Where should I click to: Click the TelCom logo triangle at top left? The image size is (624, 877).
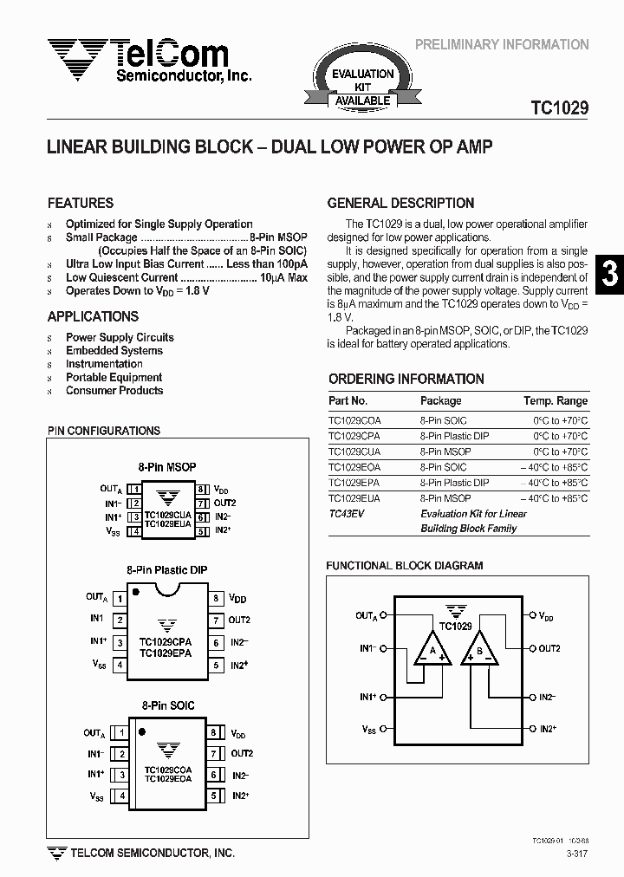(77, 56)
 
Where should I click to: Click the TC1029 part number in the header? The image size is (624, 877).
(559, 108)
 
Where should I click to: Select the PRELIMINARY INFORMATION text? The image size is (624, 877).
(502, 44)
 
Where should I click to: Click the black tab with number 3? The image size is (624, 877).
(610, 274)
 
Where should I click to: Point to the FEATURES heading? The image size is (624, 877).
(80, 203)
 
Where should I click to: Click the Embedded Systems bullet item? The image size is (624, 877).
(114, 351)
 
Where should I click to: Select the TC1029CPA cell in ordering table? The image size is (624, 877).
(354, 436)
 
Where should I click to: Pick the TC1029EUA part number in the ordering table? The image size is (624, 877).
(354, 498)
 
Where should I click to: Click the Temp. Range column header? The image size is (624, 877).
(555, 400)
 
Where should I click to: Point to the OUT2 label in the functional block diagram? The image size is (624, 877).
(549, 648)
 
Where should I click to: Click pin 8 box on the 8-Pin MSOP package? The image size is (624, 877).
(200, 490)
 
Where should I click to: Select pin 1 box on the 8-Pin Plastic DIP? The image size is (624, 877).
(120, 598)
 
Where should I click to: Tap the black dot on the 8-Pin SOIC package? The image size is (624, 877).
(142, 731)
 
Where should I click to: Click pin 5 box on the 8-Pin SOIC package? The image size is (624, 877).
(213, 796)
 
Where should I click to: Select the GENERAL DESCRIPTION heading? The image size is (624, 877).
(400, 203)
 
